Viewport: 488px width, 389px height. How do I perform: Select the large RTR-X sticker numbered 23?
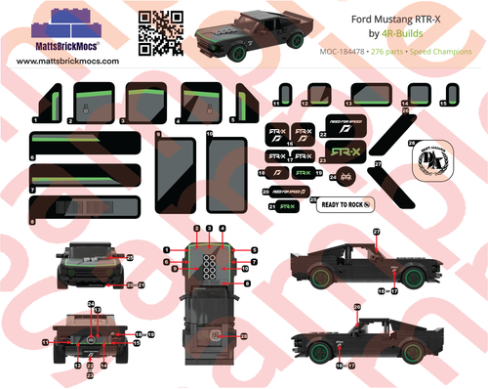pos(342,153)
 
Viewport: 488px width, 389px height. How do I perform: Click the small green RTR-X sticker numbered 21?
pos(286,207)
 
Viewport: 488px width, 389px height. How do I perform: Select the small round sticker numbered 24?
pos(344,177)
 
